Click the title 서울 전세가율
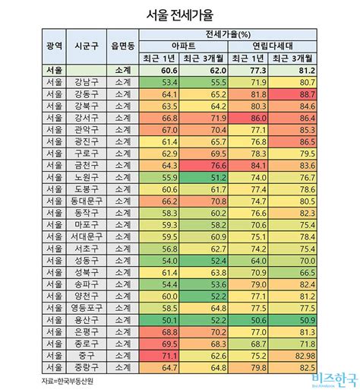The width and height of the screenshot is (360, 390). (180, 14)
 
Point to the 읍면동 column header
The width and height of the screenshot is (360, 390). (122, 46)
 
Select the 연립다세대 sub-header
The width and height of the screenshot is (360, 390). (272, 46)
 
